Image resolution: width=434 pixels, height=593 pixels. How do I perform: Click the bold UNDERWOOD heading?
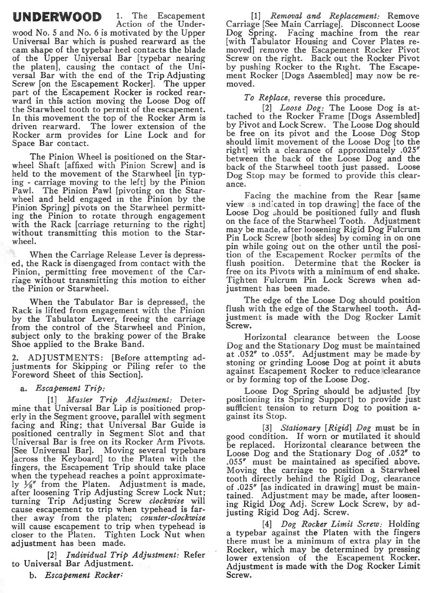point(57,18)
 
